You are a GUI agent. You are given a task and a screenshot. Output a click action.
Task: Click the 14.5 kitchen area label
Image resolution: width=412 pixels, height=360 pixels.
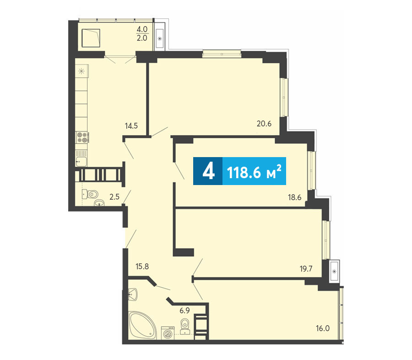[131, 125]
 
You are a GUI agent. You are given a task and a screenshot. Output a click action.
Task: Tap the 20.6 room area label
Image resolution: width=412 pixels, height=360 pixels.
[264, 123]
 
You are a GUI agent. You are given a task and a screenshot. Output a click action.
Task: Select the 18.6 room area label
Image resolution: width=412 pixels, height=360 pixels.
[294, 197]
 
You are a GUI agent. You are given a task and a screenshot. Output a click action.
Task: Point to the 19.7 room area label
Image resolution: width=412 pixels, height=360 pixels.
[306, 268]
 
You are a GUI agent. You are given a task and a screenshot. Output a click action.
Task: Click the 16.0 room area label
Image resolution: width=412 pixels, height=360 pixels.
[323, 328]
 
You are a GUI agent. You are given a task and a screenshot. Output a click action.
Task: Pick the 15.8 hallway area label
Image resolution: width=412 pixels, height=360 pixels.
[142, 267]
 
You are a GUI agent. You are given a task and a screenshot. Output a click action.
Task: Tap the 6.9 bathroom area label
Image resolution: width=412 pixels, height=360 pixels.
[185, 311]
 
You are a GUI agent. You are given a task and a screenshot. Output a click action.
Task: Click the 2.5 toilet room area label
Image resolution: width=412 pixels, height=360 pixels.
[114, 196]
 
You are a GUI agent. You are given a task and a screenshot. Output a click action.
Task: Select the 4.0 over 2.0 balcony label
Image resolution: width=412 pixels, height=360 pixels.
[142, 33]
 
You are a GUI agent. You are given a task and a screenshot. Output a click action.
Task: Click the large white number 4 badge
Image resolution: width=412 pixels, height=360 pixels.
[209, 171]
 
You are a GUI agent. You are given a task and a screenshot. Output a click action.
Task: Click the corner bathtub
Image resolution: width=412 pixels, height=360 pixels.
[142, 325]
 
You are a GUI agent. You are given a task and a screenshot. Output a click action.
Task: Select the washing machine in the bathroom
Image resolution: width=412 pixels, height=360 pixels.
[168, 333]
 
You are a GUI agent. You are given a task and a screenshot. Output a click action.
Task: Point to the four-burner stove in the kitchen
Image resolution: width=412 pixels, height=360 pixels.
[82, 137]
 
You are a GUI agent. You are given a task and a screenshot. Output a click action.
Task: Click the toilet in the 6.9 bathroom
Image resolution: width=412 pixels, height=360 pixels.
[185, 324]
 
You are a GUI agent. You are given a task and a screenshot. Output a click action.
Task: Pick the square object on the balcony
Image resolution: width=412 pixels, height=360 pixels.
[91, 38]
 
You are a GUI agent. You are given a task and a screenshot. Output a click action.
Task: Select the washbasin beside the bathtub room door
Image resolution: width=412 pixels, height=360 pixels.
[133, 294]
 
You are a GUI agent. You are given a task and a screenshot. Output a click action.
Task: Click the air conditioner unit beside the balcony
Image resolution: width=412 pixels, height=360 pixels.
[160, 38]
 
